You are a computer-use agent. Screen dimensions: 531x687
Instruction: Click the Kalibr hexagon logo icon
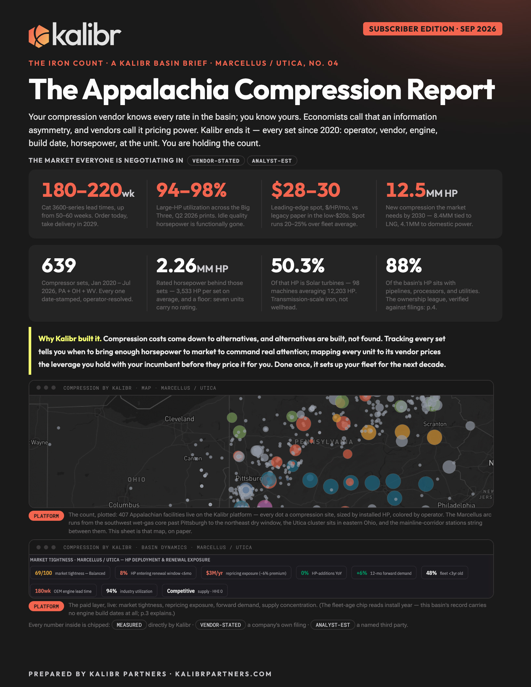39,36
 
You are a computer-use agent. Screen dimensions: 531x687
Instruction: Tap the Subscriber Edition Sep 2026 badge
432,29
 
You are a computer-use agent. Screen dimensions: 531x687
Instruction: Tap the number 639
59,265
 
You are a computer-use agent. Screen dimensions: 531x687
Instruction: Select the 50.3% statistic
298,265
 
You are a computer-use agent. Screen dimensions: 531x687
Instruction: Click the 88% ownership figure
404,265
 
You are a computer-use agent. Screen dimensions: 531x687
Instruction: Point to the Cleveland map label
179,419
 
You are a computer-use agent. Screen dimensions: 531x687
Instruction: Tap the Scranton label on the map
435,424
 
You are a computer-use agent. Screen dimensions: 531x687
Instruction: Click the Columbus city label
124,505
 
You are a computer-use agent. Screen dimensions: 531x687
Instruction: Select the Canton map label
193,458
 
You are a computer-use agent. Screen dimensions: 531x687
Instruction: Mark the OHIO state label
137,479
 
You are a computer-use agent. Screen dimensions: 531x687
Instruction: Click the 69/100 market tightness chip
70,573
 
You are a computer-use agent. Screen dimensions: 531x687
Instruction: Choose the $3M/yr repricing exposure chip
246,573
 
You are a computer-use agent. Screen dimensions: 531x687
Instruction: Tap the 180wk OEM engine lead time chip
63,591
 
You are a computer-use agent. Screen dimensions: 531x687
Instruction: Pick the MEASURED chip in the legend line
129,625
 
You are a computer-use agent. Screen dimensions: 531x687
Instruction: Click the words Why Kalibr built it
70,339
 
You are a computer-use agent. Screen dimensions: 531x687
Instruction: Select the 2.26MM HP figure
192,265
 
